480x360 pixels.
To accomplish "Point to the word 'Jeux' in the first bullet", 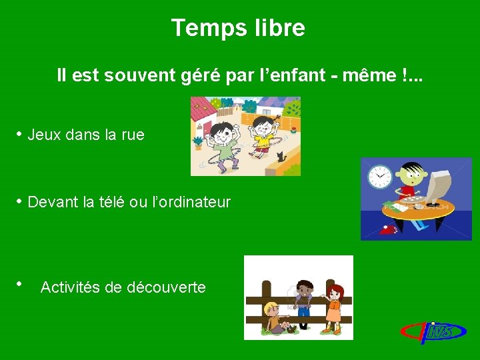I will pyautogui.click(x=44, y=135).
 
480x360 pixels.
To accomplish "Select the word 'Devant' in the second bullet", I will pyautogui.click(x=51, y=202).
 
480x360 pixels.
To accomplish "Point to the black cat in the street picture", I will pyautogui.click(x=280, y=157).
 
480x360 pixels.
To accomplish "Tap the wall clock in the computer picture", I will pyautogui.click(x=379, y=176).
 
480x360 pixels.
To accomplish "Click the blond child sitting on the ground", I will pyautogui.click(x=273, y=319).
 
